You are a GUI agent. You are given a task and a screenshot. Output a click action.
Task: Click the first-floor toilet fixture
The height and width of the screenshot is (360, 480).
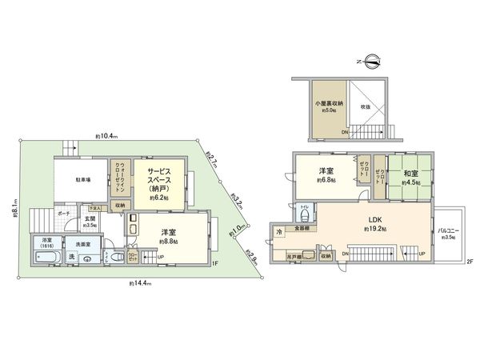(114, 257)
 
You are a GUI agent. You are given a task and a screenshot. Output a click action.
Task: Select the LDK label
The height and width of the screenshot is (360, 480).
(376, 222)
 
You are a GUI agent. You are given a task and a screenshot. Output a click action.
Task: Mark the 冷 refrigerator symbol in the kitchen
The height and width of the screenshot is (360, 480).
(279, 232)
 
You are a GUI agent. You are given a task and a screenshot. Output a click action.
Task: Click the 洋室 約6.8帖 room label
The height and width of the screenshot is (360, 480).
(326, 175)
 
